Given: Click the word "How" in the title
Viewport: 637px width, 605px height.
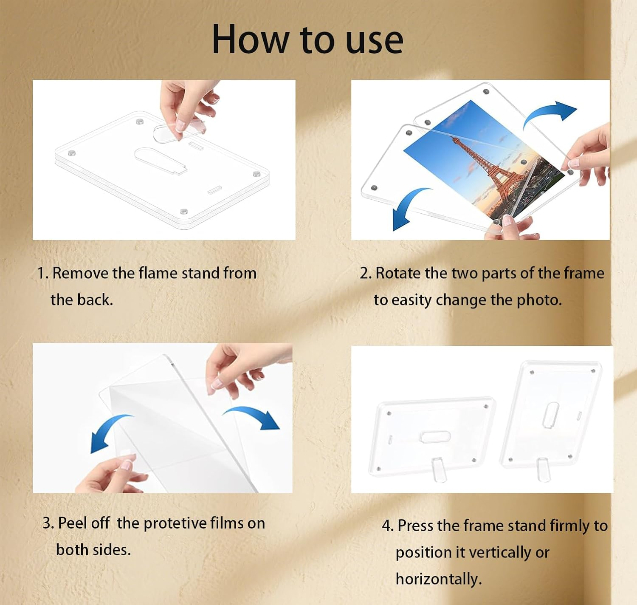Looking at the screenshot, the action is (250, 39).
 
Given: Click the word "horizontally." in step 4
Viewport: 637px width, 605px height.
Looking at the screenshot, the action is (439, 578).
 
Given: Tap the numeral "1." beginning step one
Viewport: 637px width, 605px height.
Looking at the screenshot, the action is (43, 273).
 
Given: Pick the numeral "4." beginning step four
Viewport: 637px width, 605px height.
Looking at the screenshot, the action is (388, 526).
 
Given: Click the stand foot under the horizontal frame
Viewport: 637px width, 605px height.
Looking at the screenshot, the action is (439, 469).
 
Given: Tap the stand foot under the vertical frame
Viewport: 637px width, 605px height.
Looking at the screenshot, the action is (543, 469).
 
